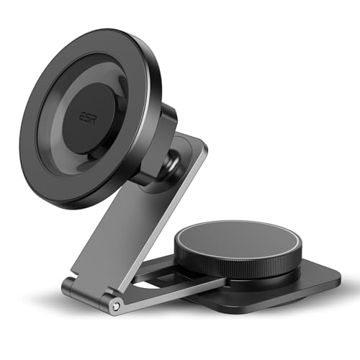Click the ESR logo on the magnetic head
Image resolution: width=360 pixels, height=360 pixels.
tap(88, 117)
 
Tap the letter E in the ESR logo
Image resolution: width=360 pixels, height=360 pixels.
tap(82, 117)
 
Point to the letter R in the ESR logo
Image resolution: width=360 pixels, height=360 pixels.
tap(94, 119)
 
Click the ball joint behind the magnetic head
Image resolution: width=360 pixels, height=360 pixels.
tap(174, 163)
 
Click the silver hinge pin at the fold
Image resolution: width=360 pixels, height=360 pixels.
tap(117, 306)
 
